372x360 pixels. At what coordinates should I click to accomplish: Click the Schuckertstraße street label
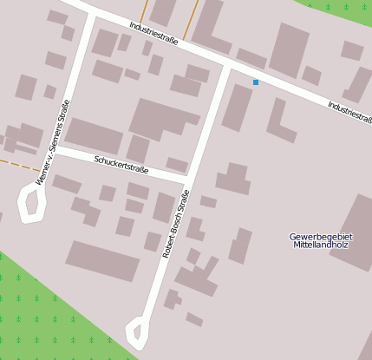[x=121, y=166]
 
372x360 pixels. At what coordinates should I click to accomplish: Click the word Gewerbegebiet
[x=321, y=236]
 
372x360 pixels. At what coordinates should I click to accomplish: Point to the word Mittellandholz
[x=321, y=245]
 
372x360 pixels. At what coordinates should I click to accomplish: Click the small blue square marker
[x=256, y=82]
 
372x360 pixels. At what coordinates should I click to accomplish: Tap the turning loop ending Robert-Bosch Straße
[x=135, y=331]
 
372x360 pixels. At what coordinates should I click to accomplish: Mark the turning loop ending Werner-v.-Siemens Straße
[x=32, y=204]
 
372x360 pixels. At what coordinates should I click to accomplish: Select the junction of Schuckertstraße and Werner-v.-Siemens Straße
[x=57, y=150]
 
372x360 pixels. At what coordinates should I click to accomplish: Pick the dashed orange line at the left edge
[x=19, y=164]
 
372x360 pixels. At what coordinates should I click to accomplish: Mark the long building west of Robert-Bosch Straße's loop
[x=102, y=260]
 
